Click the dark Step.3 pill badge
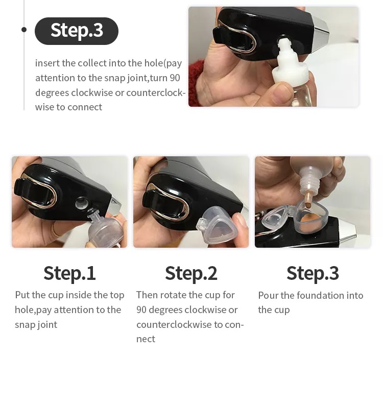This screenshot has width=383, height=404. [77, 31]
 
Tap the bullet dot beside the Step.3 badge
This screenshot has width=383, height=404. [24, 30]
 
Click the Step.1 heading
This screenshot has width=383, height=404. [69, 273]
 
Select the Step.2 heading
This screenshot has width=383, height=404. [191, 273]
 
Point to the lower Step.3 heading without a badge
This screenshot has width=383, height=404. [313, 273]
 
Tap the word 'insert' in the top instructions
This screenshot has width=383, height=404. [47, 63]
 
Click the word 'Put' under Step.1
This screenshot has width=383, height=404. [22, 295]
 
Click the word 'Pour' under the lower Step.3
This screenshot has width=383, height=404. [268, 295]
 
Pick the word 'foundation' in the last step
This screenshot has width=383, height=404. [320, 295]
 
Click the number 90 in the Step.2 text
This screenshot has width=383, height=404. [142, 310]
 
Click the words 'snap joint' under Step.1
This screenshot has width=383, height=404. [36, 324]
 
